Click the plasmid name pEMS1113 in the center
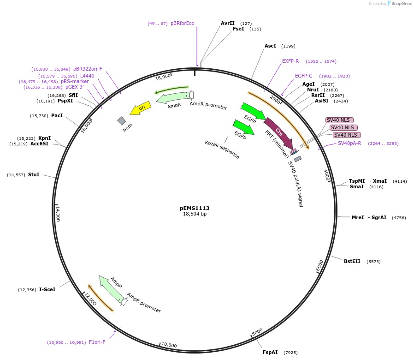[x=195, y=208]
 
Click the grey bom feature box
[x=121, y=121]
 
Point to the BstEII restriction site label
[x=352, y=261]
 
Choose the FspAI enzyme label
[x=270, y=352]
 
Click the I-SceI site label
[x=47, y=289]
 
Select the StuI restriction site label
[x=34, y=174]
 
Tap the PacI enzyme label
[x=57, y=115]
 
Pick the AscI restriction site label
[x=270, y=46]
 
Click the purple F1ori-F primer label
[x=97, y=342]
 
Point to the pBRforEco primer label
[x=183, y=23]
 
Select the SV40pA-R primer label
[x=349, y=143]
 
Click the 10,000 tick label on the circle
[x=169, y=345]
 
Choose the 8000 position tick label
[x=257, y=332]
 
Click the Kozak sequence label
[x=222, y=150]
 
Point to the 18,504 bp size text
[x=195, y=214]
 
